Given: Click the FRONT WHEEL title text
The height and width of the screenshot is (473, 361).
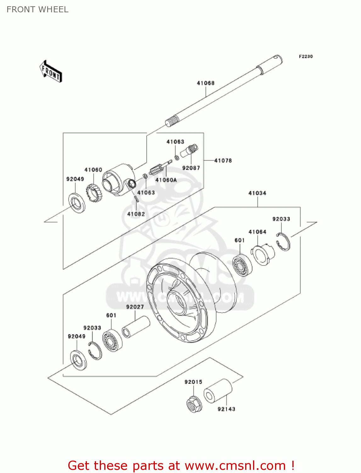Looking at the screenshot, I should point(37,10).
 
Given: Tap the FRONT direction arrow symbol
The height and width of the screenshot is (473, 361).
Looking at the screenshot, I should point(51,72).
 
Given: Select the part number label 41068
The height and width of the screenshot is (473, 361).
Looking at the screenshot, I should point(206,83).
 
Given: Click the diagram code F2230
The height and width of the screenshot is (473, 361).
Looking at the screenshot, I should point(306,56).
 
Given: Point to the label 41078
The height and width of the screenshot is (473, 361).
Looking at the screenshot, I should point(223,161).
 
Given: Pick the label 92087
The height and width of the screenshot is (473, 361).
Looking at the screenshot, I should point(191,168).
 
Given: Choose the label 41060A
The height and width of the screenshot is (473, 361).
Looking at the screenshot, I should point(166,180).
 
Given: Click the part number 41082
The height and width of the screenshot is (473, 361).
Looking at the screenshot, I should point(136,214).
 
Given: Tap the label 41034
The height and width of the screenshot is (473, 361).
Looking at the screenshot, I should point(257,193).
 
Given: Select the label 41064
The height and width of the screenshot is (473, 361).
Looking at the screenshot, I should point(257,232).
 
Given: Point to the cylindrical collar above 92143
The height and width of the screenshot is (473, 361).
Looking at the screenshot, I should point(218,391).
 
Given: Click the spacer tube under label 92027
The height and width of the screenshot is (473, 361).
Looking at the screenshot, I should point(136,327).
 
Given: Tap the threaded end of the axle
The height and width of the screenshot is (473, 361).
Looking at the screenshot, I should point(172,121).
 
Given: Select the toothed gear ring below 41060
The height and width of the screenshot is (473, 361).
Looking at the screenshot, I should point(93,191).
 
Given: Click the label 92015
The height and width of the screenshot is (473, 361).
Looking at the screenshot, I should point(193,382).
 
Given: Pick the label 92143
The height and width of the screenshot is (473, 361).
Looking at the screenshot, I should point(226,409).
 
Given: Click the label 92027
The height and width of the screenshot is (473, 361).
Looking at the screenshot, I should point(135,307).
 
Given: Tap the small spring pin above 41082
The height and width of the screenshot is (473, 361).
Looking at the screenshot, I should point(136,200).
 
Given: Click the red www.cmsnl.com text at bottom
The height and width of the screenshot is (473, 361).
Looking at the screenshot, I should point(235,466).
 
